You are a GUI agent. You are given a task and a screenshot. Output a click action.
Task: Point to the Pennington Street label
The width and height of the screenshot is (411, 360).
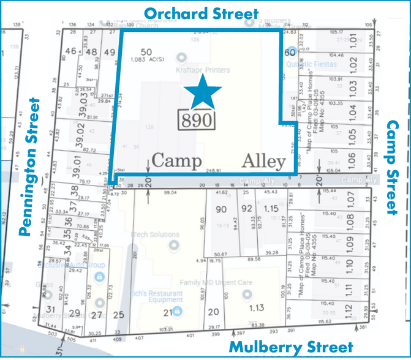click(x=26, y=167)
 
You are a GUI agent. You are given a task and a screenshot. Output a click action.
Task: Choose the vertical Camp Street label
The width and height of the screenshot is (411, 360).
click(x=393, y=167)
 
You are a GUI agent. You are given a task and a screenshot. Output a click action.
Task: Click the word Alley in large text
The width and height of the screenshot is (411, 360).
click(x=264, y=162)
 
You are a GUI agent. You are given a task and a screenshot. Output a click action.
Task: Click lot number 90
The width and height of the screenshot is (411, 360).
click(x=222, y=209)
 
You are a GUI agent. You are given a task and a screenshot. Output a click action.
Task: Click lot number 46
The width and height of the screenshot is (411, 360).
click(x=72, y=51)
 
